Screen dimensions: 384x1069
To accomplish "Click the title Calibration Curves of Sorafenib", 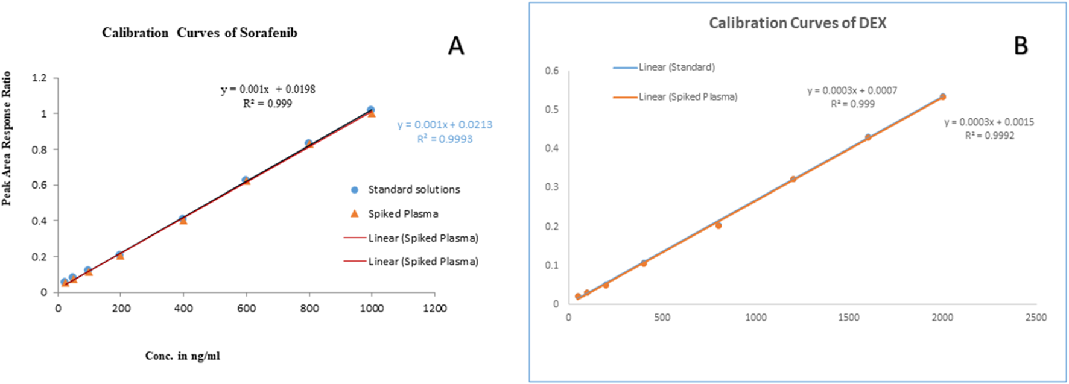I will coord(199,33).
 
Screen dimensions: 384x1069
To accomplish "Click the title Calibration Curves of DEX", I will coord(797,24).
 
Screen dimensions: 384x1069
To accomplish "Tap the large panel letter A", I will coord(456,46).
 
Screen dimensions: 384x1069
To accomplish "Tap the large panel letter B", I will coord(1020,46).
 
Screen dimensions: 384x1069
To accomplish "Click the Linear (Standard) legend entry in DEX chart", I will coord(664,67).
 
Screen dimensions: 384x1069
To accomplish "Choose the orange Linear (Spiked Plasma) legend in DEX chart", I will coord(676,96).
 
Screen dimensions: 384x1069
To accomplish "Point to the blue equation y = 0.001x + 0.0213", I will coord(445,125).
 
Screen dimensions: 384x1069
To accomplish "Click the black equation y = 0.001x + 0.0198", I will coord(267,89).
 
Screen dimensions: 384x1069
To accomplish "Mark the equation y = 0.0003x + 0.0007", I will coord(852,90).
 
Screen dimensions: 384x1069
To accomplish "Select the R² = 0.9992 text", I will coord(989,136).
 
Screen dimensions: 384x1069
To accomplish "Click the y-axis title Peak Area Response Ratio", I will coord(7,138).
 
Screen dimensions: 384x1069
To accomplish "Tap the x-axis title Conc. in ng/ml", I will coord(182,356).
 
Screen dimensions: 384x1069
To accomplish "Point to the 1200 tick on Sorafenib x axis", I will coord(434,308).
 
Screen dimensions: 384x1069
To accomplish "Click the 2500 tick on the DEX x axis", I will coord(1035,318).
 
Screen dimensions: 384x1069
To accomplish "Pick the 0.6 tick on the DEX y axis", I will coord(551,71).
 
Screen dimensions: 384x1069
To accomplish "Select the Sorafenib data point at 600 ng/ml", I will coord(246,180).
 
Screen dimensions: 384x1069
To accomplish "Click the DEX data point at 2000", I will coord(942,97).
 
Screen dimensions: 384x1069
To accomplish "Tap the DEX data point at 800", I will coord(718,225).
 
